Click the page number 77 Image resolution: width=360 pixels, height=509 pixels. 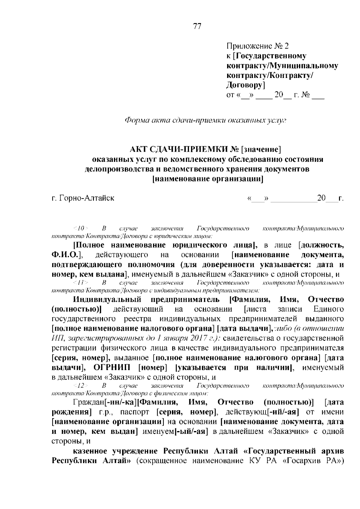click(x=197, y=27)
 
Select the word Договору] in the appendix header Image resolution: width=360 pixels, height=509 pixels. click(x=245, y=85)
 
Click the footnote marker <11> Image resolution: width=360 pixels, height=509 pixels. click(x=80, y=283)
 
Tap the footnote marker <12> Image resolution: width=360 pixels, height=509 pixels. click(x=80, y=385)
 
